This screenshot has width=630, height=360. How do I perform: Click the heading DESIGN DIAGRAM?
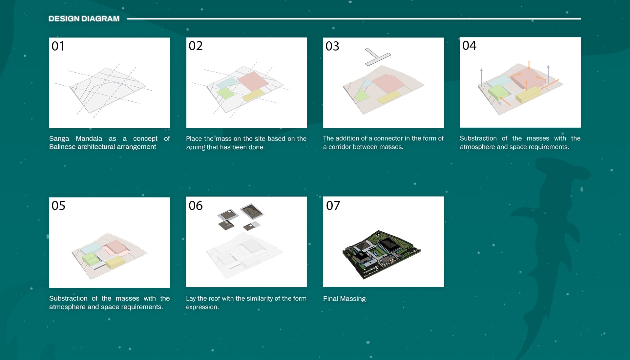(84, 19)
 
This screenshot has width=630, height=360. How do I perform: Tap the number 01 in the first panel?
(58, 46)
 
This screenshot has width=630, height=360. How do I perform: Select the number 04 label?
(469, 45)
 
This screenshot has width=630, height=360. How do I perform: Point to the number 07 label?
(333, 205)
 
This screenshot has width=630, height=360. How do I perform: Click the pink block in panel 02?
(253, 81)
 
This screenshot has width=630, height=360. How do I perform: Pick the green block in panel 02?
(226, 93)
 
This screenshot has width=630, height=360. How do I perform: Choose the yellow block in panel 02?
(253, 95)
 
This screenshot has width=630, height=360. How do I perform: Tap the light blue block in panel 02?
(227, 82)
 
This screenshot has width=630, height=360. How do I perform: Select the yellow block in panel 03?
(389, 97)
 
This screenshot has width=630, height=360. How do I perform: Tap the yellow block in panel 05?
(115, 263)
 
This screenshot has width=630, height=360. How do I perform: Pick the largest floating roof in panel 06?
(252, 211)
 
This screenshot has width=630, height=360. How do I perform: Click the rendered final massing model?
(381, 254)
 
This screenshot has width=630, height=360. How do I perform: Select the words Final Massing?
(344, 299)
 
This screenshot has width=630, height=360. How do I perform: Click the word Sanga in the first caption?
(59, 138)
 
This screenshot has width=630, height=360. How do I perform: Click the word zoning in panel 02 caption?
(196, 147)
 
